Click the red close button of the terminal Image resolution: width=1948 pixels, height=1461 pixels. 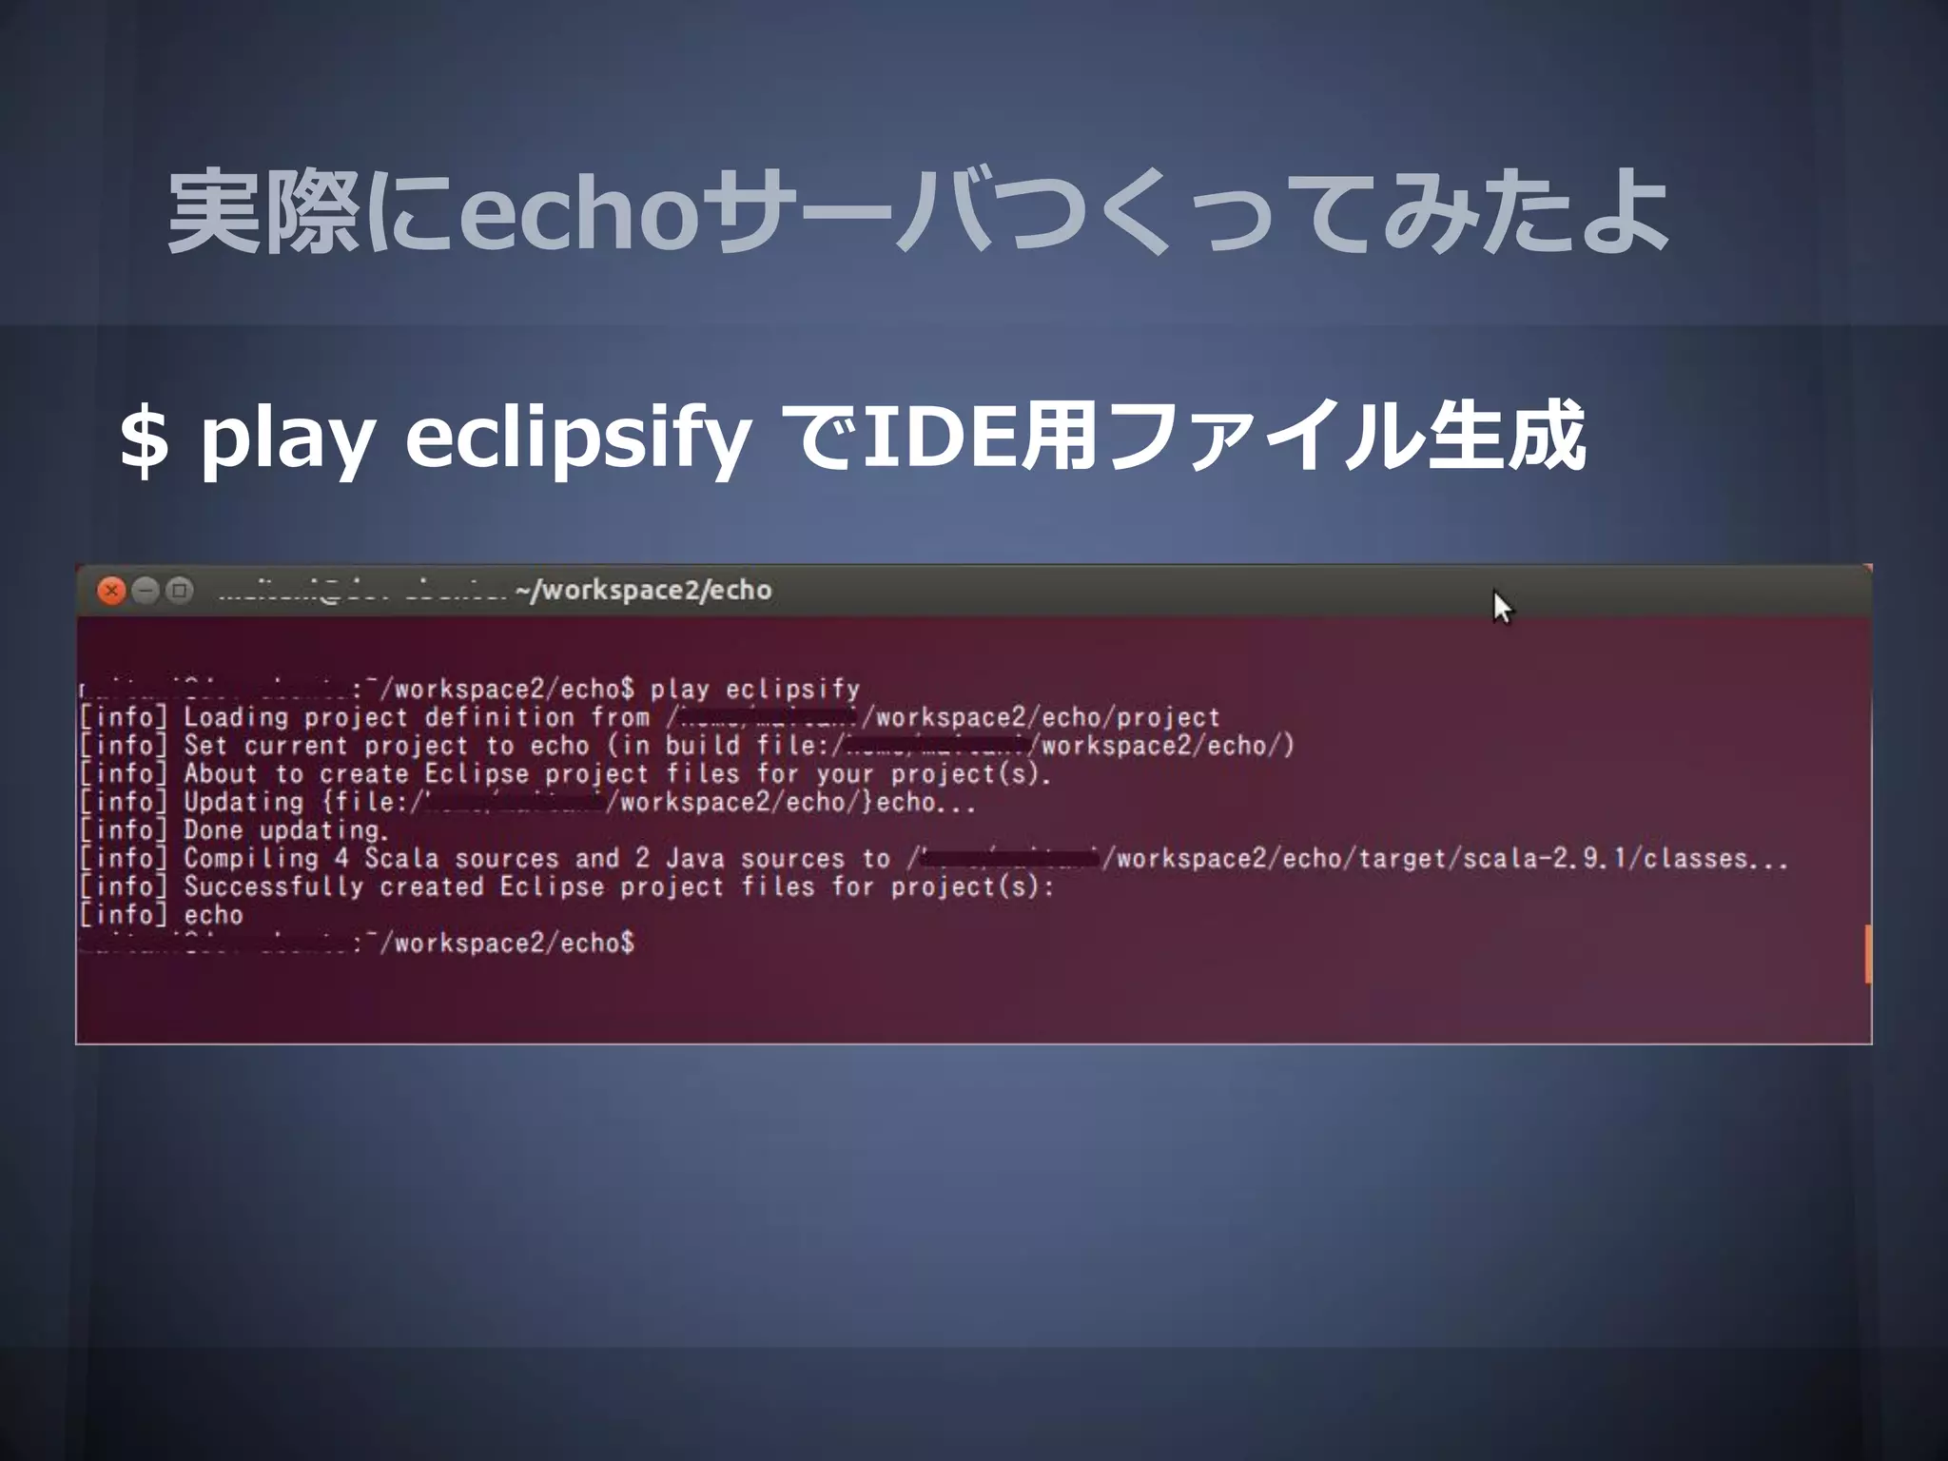[x=111, y=591]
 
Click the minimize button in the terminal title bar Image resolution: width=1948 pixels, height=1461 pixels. [x=145, y=591]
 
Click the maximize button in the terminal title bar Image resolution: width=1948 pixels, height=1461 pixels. [x=179, y=591]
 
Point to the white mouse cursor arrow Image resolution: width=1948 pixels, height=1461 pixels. [x=1501, y=607]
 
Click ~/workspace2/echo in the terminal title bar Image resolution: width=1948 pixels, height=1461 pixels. [x=643, y=591]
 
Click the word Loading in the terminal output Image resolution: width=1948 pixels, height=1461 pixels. [x=235, y=718]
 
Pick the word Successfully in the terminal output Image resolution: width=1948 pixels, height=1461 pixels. [x=273, y=887]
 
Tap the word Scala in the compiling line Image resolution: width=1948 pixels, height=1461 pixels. [x=401, y=859]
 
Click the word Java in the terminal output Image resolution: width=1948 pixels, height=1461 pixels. [x=694, y=859]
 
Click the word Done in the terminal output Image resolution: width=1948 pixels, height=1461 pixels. [x=213, y=830]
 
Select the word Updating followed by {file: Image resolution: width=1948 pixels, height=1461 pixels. [x=243, y=803]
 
